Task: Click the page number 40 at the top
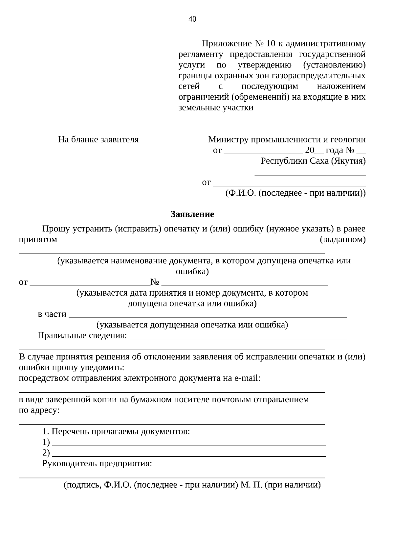click(x=192, y=19)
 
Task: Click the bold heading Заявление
click(x=192, y=214)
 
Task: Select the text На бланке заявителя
click(x=98, y=140)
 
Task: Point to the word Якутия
click(x=349, y=161)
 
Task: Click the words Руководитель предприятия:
click(x=97, y=464)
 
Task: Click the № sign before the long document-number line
click(x=155, y=282)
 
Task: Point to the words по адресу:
click(x=39, y=410)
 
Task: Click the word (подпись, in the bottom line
click(x=82, y=485)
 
